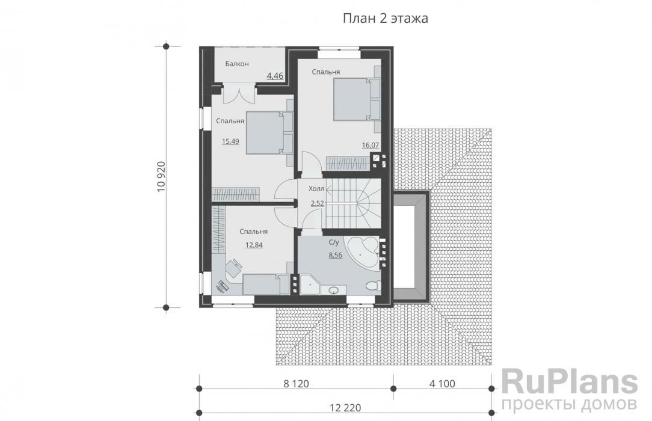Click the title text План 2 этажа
click(385, 19)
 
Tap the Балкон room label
click(237, 64)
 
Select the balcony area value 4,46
click(275, 76)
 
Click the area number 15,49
click(230, 141)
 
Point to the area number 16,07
click(370, 145)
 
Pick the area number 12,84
click(254, 245)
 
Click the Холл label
click(316, 189)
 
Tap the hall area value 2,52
click(317, 203)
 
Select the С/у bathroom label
click(334, 242)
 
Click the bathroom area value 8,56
click(335, 255)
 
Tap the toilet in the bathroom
click(373, 286)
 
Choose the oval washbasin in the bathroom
click(334, 290)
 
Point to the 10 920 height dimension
click(161, 177)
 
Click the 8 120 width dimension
click(296, 383)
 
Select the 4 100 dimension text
click(442, 383)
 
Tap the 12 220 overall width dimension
click(345, 408)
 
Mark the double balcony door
click(239, 93)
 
